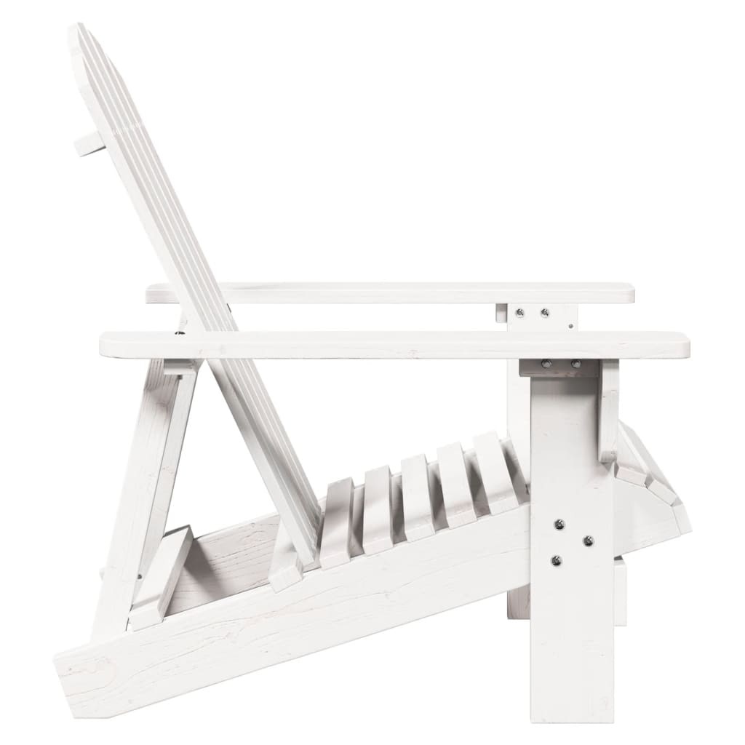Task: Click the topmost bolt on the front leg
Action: (x=559, y=524)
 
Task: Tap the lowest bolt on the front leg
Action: (x=556, y=560)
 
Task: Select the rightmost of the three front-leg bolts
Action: (x=588, y=541)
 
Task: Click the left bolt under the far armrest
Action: (x=519, y=313)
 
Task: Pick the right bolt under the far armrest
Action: (x=544, y=313)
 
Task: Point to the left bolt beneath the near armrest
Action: (x=546, y=363)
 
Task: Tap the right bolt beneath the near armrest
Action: (x=575, y=363)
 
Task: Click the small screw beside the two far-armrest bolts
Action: (x=571, y=325)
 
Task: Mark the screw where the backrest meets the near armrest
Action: (x=179, y=334)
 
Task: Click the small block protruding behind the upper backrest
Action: (x=89, y=143)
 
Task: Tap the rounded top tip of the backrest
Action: (x=77, y=33)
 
